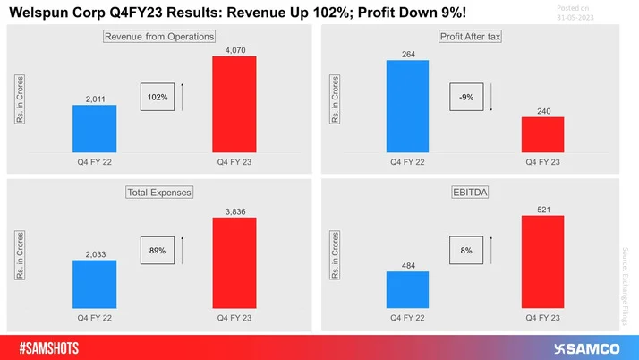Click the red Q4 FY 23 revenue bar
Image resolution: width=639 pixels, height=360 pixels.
[x=234, y=104]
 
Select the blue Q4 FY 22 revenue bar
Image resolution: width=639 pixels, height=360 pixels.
[x=94, y=129]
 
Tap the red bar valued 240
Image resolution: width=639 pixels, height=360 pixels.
[x=542, y=134]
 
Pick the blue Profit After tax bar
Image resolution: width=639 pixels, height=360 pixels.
[x=407, y=107]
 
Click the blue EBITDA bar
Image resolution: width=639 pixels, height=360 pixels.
[x=407, y=290]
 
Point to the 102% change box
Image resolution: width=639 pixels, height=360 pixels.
[x=158, y=96]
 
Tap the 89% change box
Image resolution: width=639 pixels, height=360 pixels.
[x=158, y=252]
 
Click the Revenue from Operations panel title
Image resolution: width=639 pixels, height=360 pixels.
[x=159, y=37]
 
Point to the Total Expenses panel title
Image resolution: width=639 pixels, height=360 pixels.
[x=158, y=192]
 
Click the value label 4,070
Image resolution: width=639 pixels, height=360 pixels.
[x=234, y=49]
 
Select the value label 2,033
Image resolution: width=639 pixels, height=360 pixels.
[x=94, y=253]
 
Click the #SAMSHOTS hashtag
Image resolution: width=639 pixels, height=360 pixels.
[x=59, y=346]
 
